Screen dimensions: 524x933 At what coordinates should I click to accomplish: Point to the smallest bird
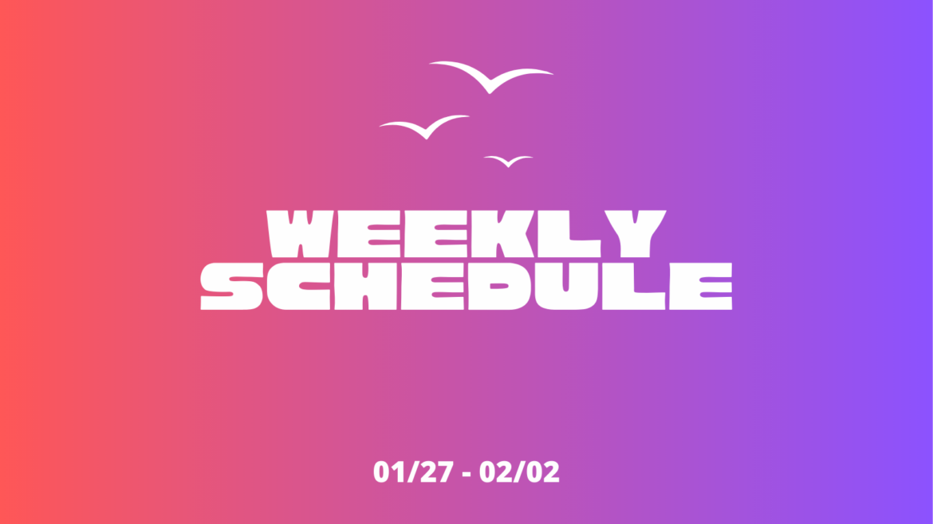pos(507,162)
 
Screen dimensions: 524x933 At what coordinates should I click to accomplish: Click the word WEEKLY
pos(466,233)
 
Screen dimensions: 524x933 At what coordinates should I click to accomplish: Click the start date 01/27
pos(411,472)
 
